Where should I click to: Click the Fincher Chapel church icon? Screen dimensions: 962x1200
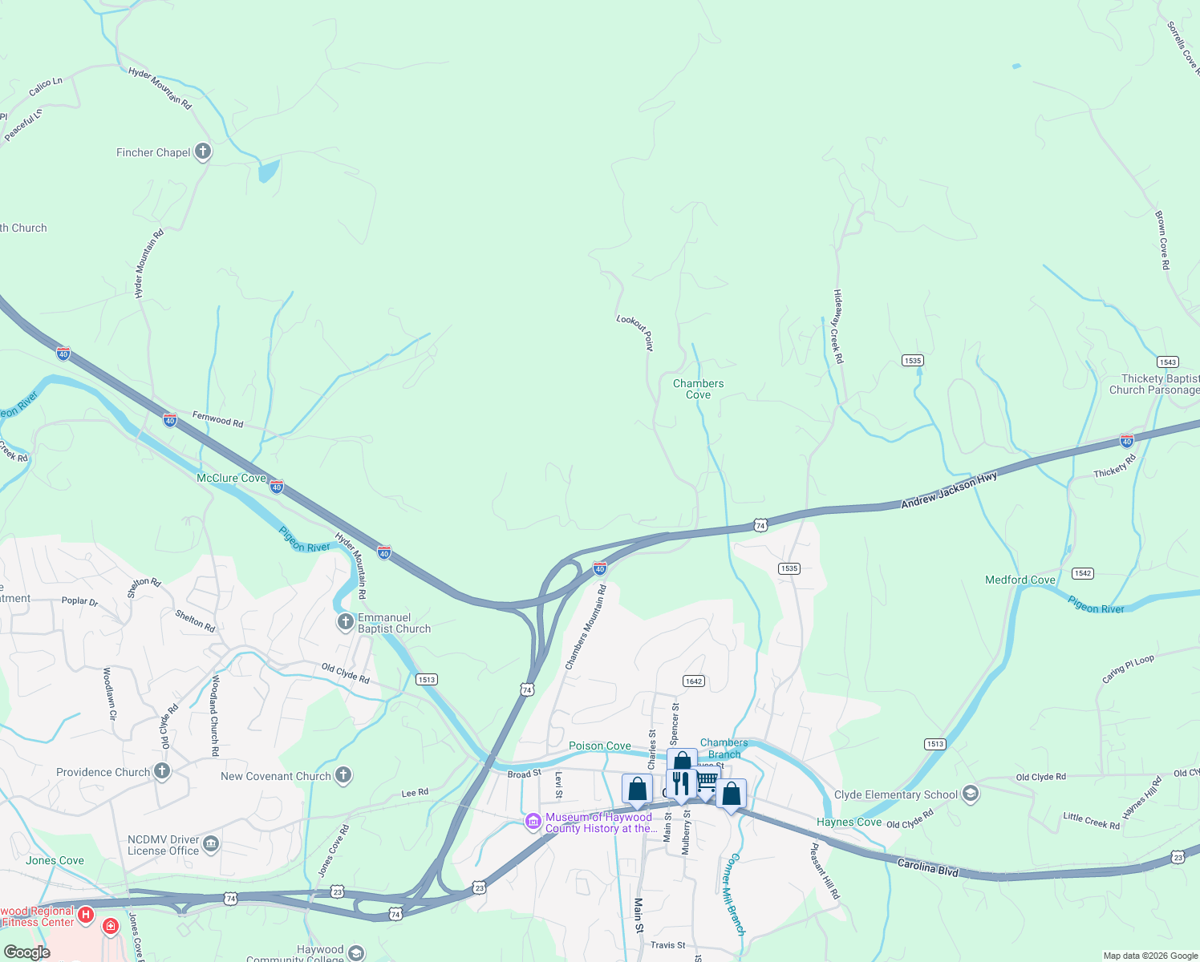tap(203, 152)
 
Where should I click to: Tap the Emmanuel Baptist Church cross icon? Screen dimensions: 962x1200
tap(345, 622)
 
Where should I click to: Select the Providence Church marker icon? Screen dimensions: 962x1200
tap(162, 771)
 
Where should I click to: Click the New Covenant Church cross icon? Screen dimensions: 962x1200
tap(343, 774)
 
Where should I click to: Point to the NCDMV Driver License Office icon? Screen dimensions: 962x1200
tap(210, 843)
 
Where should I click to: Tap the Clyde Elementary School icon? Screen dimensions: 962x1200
tap(970, 794)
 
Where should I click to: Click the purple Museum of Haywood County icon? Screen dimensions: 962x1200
tap(533, 822)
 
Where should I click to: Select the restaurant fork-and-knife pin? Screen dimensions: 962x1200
tap(680, 783)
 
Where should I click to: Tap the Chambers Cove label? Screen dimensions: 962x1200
tap(698, 389)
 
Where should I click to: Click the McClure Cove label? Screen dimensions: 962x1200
tap(231, 478)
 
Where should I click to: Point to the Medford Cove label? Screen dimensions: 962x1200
tap(1020, 580)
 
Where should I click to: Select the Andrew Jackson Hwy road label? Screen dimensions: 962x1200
tap(949, 490)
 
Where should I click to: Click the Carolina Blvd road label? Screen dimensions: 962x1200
tap(927, 867)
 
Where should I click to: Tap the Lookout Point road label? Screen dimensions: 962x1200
tap(635, 331)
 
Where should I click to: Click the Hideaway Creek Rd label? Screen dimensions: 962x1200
tap(837, 326)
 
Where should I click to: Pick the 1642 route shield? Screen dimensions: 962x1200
tap(694, 681)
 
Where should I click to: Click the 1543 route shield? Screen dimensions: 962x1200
tap(1167, 362)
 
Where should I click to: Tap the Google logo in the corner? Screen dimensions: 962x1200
tap(26, 952)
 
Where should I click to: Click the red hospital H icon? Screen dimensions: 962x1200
tap(86, 914)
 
